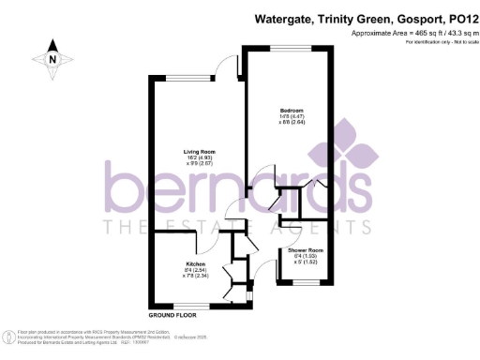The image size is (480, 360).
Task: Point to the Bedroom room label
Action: tap(290, 111)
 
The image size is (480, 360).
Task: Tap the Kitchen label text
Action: tap(196, 263)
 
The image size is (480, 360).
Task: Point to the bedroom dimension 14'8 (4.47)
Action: tap(289, 116)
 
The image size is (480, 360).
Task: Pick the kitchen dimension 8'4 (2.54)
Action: tap(195, 270)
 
